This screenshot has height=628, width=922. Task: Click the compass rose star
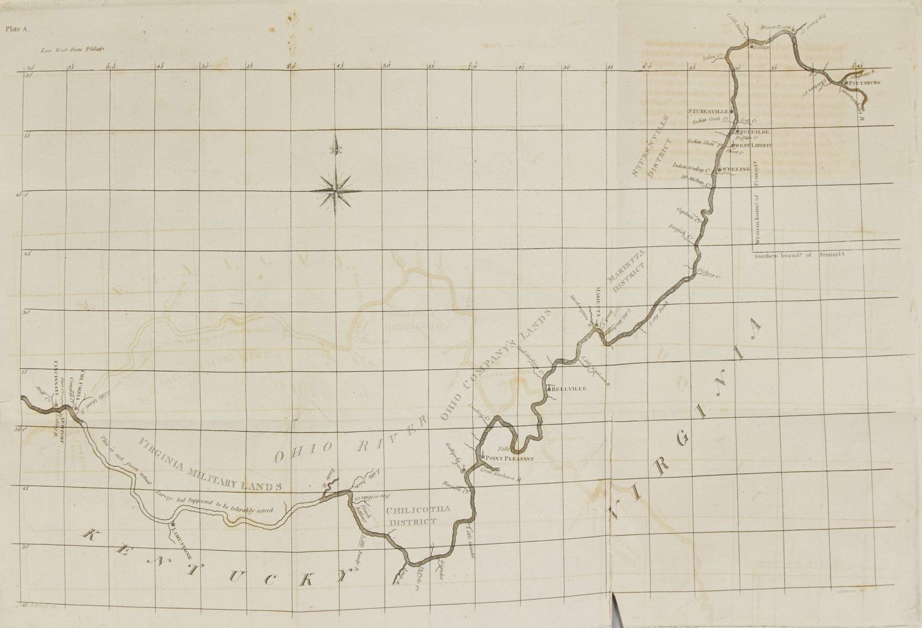click(336, 191)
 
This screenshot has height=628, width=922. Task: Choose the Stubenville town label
click(708, 111)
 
